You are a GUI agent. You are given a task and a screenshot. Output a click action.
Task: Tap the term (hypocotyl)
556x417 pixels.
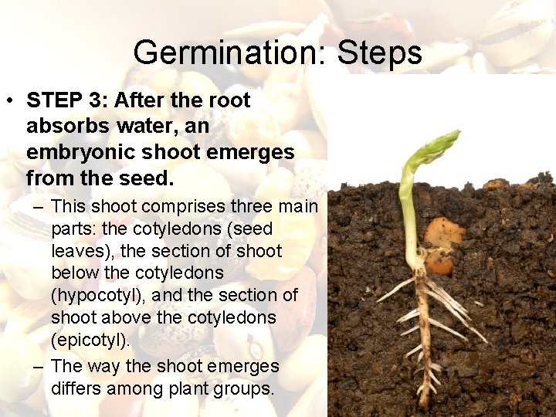[x=96, y=295]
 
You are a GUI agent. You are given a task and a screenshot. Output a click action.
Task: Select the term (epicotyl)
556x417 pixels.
[x=90, y=339]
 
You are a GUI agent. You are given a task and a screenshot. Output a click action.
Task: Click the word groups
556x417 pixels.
[x=246, y=388]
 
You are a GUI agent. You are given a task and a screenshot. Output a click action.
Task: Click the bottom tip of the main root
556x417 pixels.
[x=424, y=403]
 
